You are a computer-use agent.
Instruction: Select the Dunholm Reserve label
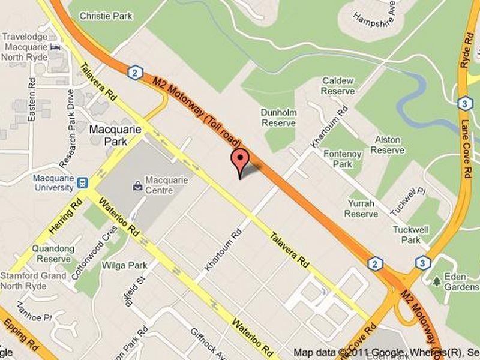tap(278, 117)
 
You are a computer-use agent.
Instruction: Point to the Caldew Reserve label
tap(338, 85)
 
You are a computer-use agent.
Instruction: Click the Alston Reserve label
tap(387, 145)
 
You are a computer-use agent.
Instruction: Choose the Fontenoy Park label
tap(343, 159)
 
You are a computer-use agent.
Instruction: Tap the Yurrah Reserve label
tap(361, 208)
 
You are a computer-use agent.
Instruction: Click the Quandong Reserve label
tap(54, 253)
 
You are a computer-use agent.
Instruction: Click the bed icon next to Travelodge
tap(56, 47)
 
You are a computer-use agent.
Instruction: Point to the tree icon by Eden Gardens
tap(436, 280)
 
